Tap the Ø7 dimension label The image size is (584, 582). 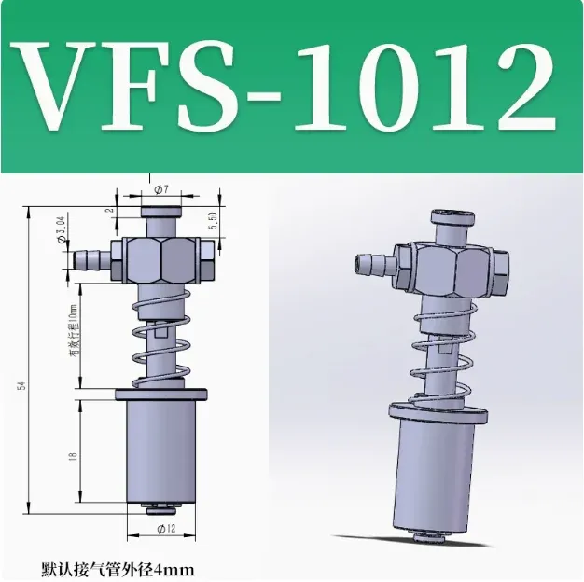pyautogui.click(x=160, y=189)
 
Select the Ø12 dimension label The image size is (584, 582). pyautogui.click(x=161, y=529)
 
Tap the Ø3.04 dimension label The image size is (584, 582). pyautogui.click(x=61, y=229)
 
